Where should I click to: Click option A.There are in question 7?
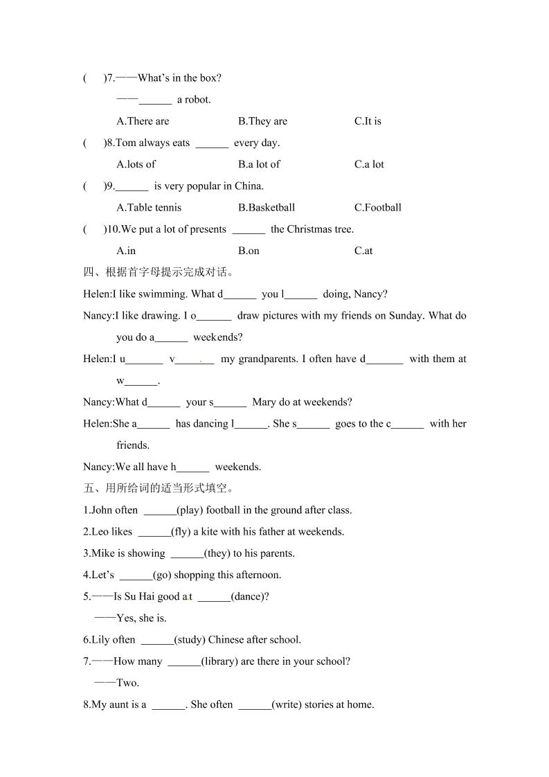143,121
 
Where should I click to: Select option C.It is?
368,121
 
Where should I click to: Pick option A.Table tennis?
149,207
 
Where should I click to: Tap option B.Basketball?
267,207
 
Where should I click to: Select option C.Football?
378,207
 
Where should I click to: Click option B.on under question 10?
249,251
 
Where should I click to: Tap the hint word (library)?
221,661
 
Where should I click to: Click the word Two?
127,683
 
